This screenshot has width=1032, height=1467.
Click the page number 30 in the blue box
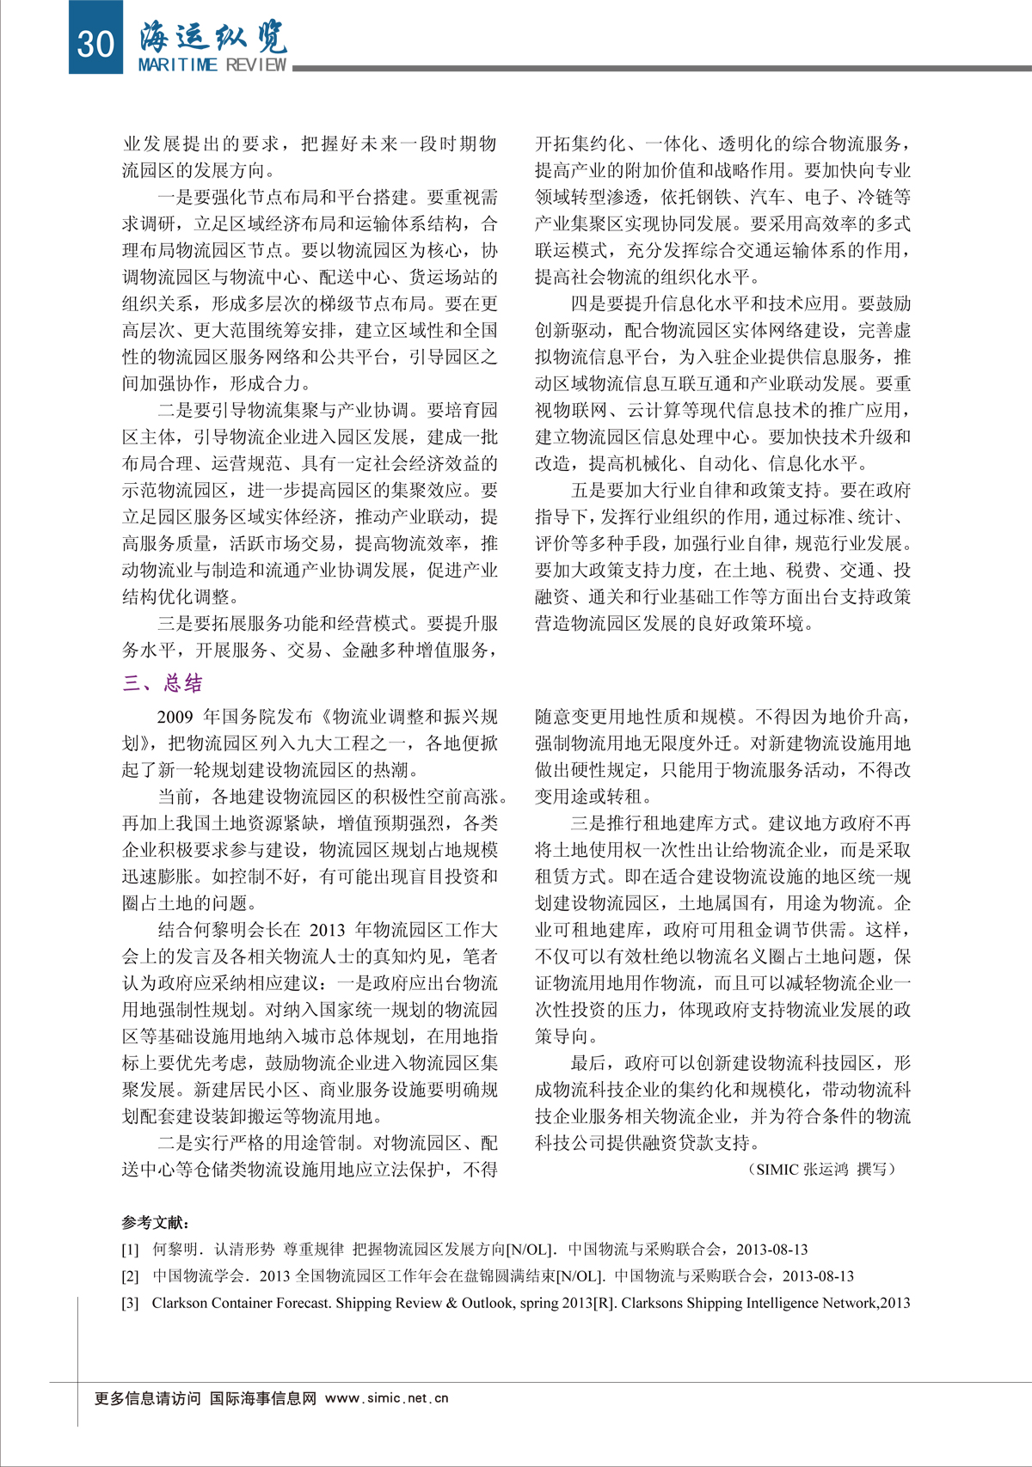pyautogui.click(x=95, y=40)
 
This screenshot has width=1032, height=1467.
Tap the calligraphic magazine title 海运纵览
pyautogui.click(x=212, y=36)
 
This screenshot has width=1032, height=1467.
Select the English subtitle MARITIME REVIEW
pyautogui.click(x=212, y=65)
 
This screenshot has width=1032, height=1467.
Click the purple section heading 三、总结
pyautogui.click(x=163, y=683)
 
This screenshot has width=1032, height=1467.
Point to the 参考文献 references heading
pyautogui.click(x=156, y=1222)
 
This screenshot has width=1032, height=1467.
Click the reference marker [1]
pyautogui.click(x=130, y=1250)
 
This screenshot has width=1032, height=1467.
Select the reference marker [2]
pyautogui.click(x=130, y=1276)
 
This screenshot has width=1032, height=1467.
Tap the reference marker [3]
pyautogui.click(x=130, y=1303)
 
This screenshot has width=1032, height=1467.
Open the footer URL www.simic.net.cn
pyautogui.click(x=387, y=1398)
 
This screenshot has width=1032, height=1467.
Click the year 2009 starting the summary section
pyautogui.click(x=175, y=717)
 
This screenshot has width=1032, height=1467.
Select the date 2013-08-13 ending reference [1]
pyautogui.click(x=772, y=1250)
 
